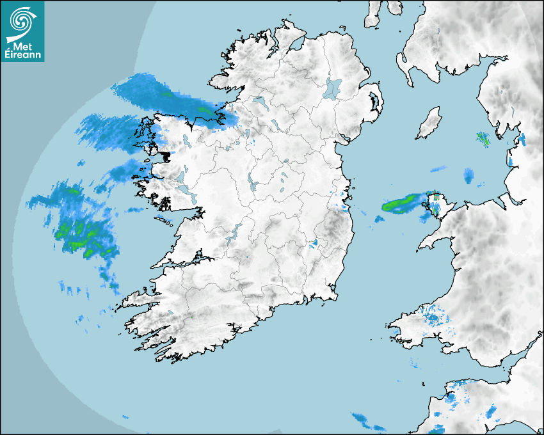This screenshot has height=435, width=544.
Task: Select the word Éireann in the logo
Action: (x=23, y=56)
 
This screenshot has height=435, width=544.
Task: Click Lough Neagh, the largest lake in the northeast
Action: (x=333, y=88)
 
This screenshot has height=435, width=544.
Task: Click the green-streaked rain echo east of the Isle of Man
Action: (x=483, y=138)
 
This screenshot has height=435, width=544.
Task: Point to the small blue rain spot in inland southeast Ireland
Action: (x=315, y=244)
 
